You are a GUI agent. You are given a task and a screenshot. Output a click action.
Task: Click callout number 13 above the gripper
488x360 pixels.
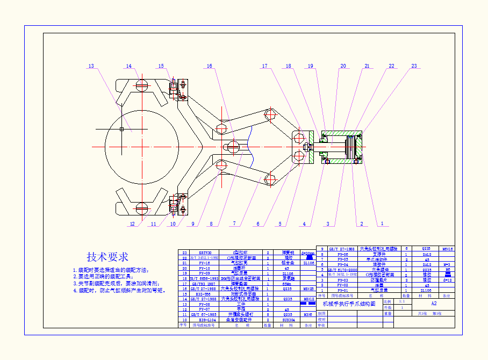pyautogui.click(x=91, y=66)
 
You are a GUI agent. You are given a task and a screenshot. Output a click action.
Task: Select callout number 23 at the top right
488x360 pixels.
pyautogui.click(x=414, y=66)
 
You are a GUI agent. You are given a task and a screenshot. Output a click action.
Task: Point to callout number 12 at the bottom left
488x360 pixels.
pyautogui.click(x=132, y=224)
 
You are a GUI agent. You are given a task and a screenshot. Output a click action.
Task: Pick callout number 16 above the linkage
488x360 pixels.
pyautogui.click(x=210, y=66)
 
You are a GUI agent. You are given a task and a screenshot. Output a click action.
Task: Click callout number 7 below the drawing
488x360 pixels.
pyautogui.click(x=234, y=224)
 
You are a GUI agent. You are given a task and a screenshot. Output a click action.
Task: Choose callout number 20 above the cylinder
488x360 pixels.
pyautogui.click(x=343, y=66)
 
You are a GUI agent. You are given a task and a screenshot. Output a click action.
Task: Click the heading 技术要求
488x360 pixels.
pyautogui.click(x=107, y=256)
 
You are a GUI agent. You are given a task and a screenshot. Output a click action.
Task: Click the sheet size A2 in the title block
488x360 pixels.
pyautogui.click(x=434, y=303)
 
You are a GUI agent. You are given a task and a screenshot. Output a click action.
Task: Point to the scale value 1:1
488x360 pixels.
pyautogui.click(x=402, y=302)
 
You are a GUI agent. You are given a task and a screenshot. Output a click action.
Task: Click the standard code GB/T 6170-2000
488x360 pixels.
pyautogui.click(x=342, y=270)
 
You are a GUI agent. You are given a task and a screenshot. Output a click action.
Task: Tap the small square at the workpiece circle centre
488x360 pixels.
pyautogui.click(x=122, y=129)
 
